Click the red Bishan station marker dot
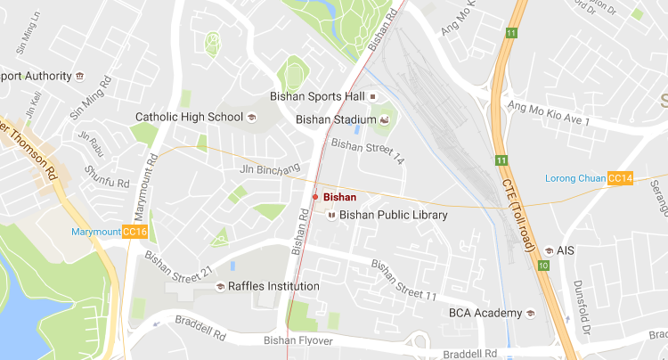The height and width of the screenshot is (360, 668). click(315, 196)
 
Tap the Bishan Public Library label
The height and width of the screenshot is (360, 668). click(393, 215)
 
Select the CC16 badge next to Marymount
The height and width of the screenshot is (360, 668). click(135, 233)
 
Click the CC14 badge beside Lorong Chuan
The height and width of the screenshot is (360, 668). click(620, 179)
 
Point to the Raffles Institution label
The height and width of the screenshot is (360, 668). click(273, 286)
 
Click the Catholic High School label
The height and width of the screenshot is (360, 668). click(189, 117)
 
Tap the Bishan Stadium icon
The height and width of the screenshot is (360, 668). click(385, 119)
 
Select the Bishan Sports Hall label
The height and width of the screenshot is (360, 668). click(318, 95)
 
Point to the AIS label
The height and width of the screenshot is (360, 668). click(566, 250)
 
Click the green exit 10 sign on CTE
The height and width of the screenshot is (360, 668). click(543, 266)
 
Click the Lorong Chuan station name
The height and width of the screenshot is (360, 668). click(574, 179)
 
